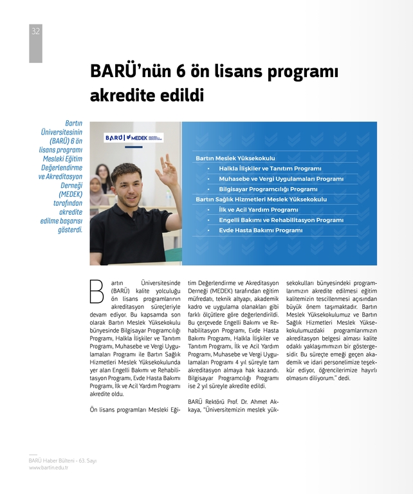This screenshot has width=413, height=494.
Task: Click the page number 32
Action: [35, 31]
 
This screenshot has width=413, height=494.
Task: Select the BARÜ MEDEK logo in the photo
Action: [134, 138]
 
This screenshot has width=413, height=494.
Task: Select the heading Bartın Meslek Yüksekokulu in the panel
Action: [235, 158]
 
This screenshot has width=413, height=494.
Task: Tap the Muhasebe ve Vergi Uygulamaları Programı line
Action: [281, 178]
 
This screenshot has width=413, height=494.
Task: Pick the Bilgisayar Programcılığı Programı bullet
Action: [268, 189]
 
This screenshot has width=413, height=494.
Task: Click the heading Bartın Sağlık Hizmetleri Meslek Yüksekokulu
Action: [261, 199]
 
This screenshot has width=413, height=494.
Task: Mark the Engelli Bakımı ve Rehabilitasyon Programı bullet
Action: [281, 220]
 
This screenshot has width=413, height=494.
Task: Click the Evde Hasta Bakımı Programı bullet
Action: [261, 230]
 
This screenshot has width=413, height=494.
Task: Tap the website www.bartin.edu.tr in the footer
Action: [48, 468]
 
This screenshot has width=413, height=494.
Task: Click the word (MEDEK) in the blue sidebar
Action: [70, 194]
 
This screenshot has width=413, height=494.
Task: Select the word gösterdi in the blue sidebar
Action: [70, 230]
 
